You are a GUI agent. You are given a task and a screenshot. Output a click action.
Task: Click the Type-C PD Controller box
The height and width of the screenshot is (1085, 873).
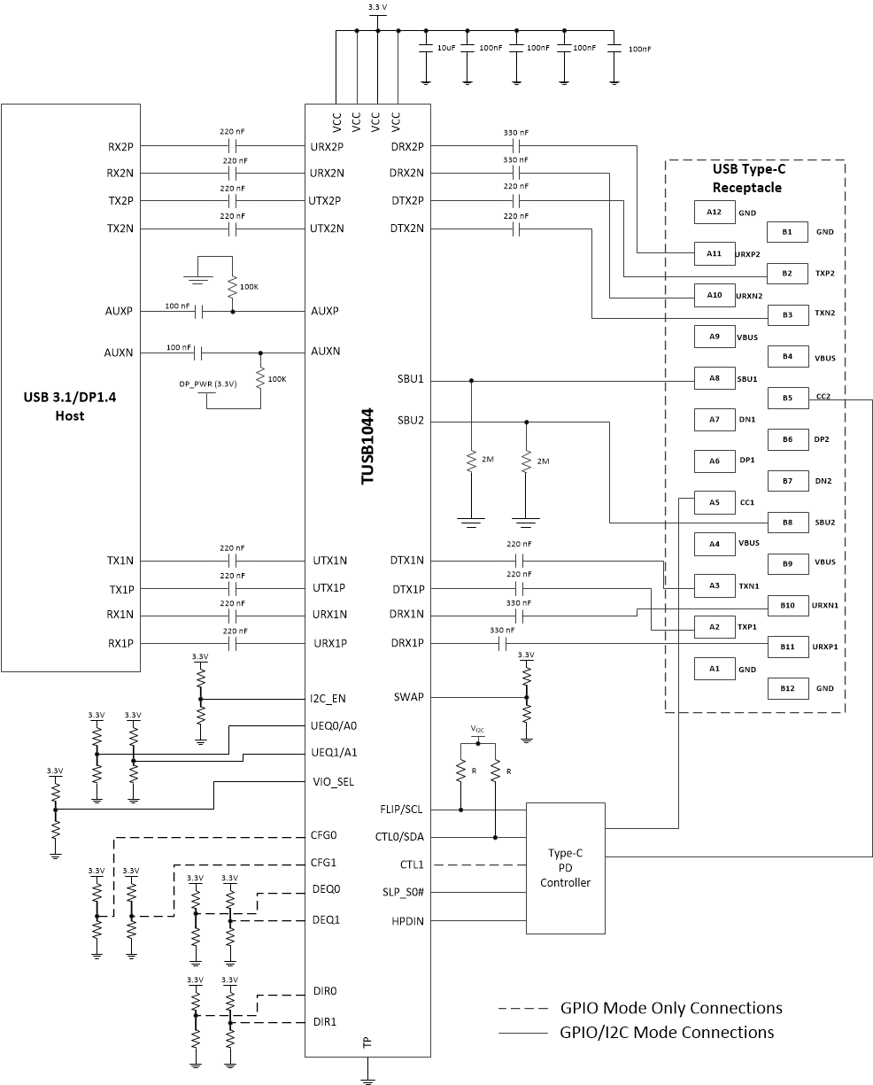[x=566, y=868]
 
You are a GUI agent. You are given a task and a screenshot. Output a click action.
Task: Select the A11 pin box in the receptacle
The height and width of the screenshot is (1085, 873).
[x=714, y=252]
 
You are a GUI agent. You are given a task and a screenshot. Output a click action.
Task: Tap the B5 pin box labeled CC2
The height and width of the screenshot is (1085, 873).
[x=787, y=398]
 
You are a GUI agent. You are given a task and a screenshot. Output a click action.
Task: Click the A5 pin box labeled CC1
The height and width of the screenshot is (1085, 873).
[x=714, y=502]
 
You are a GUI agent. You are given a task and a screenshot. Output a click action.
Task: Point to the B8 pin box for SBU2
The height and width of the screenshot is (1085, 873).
[x=787, y=523]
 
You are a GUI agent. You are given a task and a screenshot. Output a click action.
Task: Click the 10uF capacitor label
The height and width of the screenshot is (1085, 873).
[x=446, y=48]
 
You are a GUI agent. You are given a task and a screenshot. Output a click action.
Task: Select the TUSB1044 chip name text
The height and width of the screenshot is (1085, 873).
[x=367, y=445]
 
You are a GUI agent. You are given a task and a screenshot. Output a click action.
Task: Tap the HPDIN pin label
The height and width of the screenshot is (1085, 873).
[x=407, y=921]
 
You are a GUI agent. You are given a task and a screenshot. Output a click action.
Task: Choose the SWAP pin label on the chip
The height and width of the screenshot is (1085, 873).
[x=408, y=697]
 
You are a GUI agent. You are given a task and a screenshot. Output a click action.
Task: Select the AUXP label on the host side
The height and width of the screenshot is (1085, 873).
[x=118, y=312]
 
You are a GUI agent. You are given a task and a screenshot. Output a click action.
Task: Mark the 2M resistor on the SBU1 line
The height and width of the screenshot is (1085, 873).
[x=471, y=461]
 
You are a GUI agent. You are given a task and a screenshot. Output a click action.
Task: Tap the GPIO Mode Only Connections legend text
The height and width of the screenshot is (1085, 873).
[x=670, y=1008]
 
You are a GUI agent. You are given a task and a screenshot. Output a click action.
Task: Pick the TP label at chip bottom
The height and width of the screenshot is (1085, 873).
[x=367, y=1044]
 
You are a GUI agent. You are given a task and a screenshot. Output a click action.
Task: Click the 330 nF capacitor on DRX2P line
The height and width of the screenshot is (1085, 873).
[x=515, y=145]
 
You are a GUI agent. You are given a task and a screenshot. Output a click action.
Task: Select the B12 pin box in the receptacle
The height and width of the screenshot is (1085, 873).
[x=787, y=688]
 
